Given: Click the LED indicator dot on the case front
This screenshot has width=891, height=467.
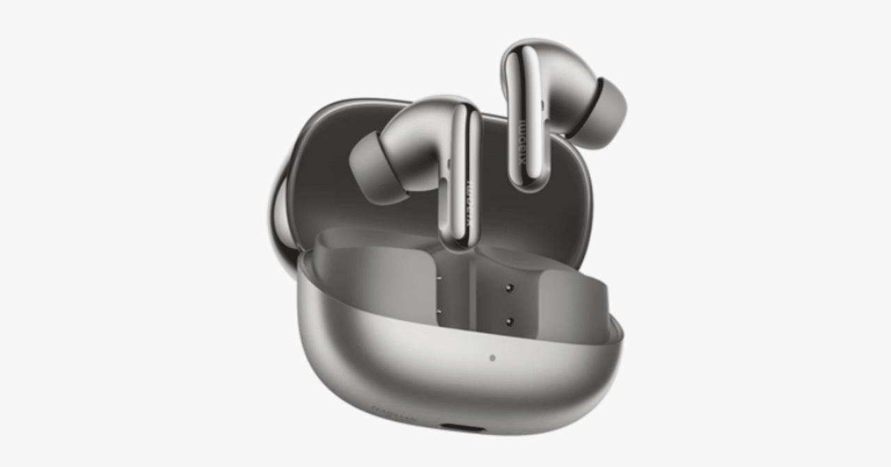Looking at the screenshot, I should [492, 358].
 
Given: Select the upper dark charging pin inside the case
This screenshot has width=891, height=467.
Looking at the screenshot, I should [510, 287].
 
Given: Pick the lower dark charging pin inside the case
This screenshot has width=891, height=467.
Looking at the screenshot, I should [510, 321].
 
